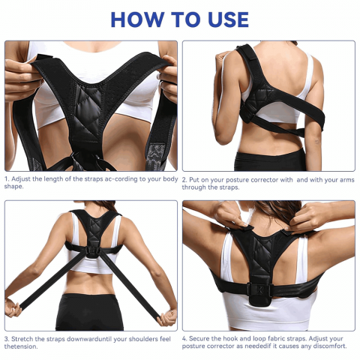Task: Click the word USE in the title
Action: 228,19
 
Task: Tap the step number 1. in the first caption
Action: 7,179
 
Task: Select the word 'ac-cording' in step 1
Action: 115,179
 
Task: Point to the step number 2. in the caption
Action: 184,180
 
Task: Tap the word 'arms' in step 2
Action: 347,180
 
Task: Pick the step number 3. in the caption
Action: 7,339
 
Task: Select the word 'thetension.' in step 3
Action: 21,346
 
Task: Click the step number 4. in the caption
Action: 184,339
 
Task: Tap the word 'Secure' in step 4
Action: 199,339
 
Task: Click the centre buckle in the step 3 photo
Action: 93,251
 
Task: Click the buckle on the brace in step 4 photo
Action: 259,290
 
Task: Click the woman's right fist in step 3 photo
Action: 13,308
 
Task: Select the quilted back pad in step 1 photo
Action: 88,113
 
